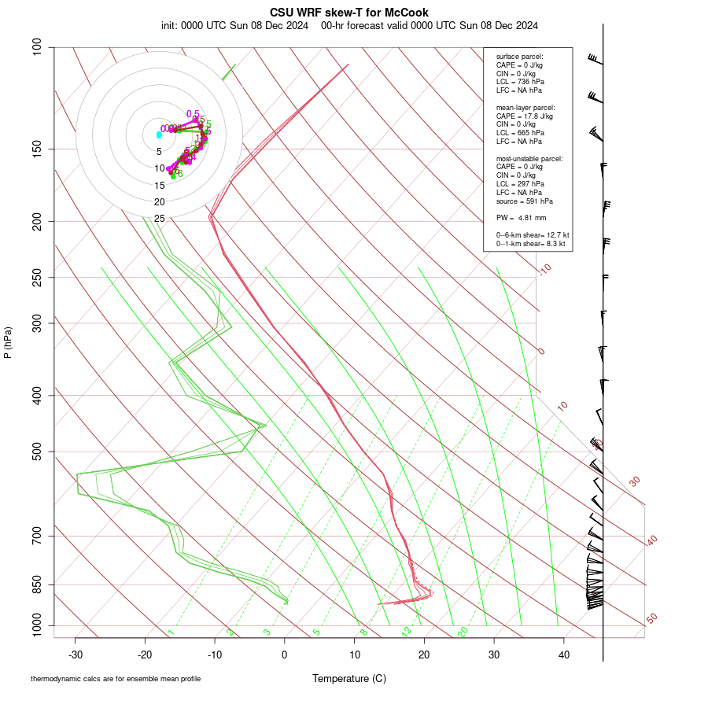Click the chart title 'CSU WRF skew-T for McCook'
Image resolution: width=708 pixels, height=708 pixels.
tap(348, 13)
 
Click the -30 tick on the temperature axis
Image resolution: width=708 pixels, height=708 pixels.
tap(76, 655)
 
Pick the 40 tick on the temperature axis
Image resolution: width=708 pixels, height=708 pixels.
tap(563, 655)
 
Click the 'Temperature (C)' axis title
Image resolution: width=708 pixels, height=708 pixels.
tap(348, 678)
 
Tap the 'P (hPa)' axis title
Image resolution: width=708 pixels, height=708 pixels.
tap(8, 342)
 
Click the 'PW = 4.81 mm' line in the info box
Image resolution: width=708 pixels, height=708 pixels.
tap(521, 217)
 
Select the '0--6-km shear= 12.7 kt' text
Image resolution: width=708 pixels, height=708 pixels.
tap(532, 235)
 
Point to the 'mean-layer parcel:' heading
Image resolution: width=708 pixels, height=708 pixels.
tap(525, 107)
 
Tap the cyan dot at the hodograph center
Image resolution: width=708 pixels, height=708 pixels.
tap(159, 135)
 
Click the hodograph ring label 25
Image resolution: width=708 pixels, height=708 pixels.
tap(159, 218)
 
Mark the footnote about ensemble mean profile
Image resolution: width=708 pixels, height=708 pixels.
tap(121, 678)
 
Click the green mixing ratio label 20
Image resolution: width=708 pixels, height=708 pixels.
tap(463, 631)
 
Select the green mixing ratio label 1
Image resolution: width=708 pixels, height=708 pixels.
tap(171, 632)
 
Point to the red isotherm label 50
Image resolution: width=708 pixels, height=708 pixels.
tap(651, 619)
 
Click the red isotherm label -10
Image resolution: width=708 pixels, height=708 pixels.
tap(544, 269)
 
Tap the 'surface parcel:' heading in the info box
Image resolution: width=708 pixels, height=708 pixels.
tap(519, 57)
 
